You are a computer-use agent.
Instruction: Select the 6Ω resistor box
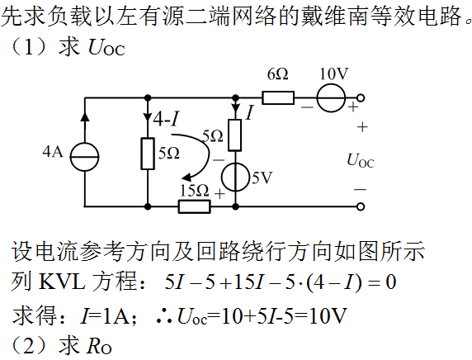click(278, 98)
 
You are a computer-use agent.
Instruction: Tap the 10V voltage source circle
click(331, 98)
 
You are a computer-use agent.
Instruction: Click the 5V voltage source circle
click(236, 177)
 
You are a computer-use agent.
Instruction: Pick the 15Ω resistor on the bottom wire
click(195, 206)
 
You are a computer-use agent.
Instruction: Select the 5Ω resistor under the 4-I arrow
click(148, 154)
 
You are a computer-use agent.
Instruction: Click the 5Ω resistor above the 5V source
click(235, 135)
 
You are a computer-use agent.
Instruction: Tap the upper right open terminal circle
click(361, 98)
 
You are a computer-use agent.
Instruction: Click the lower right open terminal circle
click(361, 206)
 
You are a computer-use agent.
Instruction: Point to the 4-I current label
click(166, 120)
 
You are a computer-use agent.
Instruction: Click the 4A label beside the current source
click(53, 152)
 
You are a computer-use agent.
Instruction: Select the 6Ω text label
click(277, 74)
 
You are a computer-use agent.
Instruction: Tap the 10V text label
click(334, 73)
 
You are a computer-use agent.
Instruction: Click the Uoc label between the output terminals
click(361, 160)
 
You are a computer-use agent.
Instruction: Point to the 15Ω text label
click(194, 191)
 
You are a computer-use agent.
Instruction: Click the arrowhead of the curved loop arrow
click(188, 177)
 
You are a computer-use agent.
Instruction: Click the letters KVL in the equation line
click(62, 282)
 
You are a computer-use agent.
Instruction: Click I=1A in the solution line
click(105, 315)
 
